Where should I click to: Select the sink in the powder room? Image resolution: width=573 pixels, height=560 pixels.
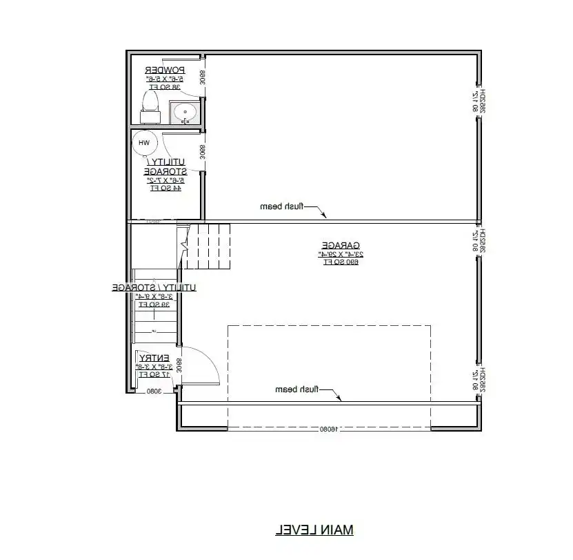[x=185, y=113]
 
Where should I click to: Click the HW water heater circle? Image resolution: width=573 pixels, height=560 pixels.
[x=144, y=143]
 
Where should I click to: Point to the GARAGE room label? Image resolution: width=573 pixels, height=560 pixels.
[x=341, y=245]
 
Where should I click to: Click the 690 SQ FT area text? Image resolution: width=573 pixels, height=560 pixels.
[x=341, y=262]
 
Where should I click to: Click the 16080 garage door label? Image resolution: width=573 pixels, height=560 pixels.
[x=329, y=429]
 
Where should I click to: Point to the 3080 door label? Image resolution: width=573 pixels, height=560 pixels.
[x=153, y=391]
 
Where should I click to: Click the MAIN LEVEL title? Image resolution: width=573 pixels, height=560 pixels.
[x=314, y=530]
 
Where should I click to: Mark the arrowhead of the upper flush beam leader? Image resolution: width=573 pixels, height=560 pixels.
[x=325, y=218]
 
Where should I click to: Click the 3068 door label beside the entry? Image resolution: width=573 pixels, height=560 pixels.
[x=179, y=365]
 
